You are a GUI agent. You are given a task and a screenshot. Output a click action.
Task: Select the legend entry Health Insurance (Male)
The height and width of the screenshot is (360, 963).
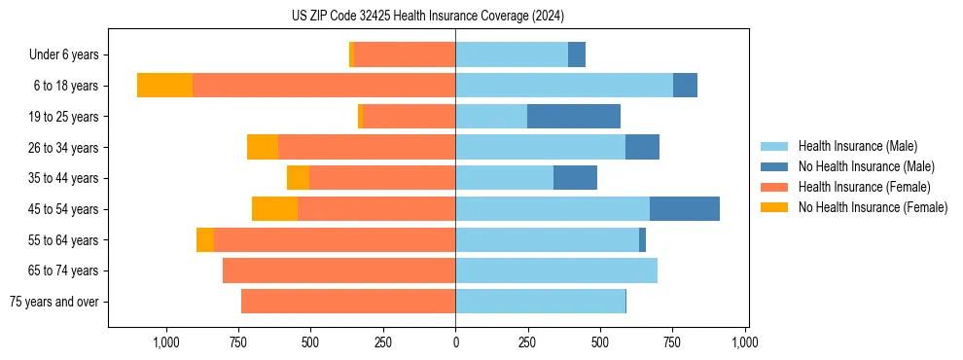[857, 146]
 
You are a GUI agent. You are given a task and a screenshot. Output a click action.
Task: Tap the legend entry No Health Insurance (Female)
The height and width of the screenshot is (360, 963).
[872, 207]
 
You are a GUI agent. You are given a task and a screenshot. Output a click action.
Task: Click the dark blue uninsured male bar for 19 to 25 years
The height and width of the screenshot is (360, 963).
[574, 117]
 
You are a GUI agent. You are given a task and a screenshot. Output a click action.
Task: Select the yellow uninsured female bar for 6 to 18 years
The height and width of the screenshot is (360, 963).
[164, 86]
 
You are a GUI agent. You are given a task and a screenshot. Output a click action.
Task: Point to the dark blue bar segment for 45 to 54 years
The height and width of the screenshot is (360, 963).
[685, 209]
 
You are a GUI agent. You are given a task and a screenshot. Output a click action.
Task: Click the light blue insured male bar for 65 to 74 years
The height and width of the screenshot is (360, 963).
[556, 270]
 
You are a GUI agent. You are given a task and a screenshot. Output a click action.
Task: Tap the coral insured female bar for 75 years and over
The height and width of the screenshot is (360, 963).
[348, 302]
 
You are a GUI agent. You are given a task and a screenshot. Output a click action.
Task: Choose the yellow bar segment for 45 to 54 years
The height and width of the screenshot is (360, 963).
[274, 209]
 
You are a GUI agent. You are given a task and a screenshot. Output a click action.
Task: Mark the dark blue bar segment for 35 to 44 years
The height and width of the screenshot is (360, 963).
[575, 178]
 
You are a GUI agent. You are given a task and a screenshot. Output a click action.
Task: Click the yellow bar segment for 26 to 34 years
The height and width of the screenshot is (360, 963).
[263, 147]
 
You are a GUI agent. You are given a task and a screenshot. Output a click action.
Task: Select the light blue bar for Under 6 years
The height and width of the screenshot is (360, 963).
[512, 54]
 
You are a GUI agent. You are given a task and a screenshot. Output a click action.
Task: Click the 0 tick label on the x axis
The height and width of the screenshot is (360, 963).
[455, 342]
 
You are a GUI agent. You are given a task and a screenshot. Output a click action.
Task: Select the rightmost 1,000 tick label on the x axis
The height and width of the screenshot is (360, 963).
[745, 342]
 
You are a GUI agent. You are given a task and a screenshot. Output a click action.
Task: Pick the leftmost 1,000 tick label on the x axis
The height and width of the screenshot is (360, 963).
[165, 342]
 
